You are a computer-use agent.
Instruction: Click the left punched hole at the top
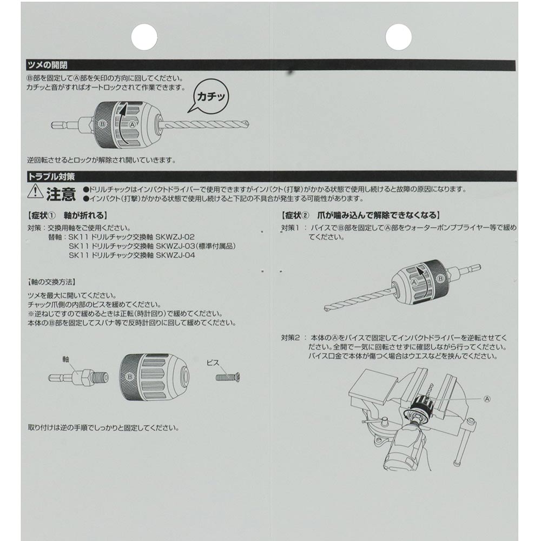click(144, 37)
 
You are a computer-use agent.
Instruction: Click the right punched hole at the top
click(398, 37)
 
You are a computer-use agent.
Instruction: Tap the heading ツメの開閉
click(48, 65)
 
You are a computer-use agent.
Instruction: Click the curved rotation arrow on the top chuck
click(123, 123)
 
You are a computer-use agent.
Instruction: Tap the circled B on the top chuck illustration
click(102, 123)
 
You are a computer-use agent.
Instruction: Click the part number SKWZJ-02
click(175, 237)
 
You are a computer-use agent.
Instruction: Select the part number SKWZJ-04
click(175, 255)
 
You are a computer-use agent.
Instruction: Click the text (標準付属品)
click(216, 246)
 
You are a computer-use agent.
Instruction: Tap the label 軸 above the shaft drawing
click(66, 359)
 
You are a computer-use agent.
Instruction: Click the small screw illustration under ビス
click(227, 377)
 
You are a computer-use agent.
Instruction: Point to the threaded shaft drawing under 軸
click(78, 377)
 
